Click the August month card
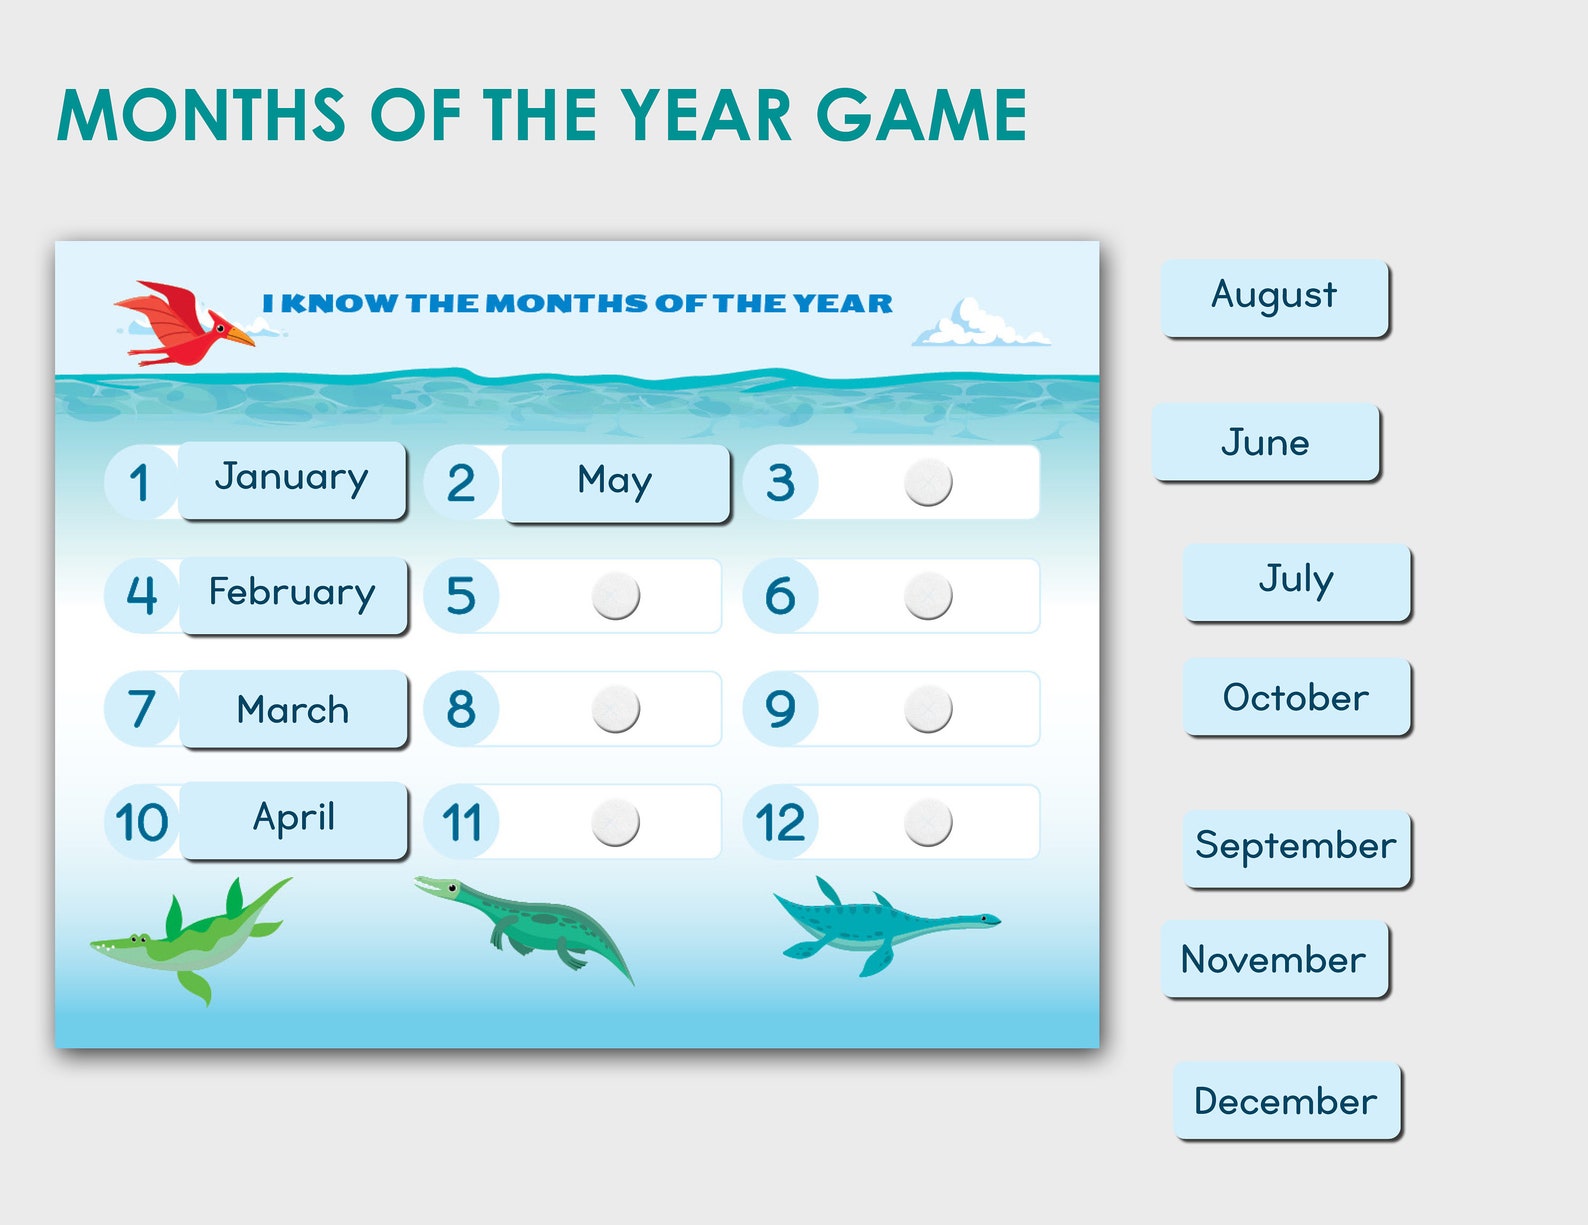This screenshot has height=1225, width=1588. [x=1275, y=297]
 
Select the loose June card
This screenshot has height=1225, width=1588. [x=1266, y=442]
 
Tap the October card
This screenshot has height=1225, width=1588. [x=1296, y=697]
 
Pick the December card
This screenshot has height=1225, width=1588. [x=1286, y=1101]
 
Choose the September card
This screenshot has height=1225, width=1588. [x=1296, y=847]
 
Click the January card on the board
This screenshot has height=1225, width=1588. [x=292, y=479]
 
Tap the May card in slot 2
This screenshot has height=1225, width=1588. [x=615, y=482]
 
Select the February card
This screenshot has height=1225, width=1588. [x=293, y=594]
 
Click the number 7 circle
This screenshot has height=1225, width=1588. [x=142, y=709]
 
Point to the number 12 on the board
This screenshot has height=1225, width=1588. [x=780, y=823]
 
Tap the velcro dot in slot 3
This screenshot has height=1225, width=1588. [x=928, y=482]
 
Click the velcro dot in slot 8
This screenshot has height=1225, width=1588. [x=615, y=709]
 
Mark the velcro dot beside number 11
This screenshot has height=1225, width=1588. [x=615, y=823]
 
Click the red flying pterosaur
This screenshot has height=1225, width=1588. [x=180, y=322]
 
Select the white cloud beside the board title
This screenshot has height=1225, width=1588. [x=977, y=326]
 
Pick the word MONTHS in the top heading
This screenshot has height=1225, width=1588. [x=201, y=116]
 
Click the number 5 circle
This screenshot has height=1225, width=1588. [x=461, y=596]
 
